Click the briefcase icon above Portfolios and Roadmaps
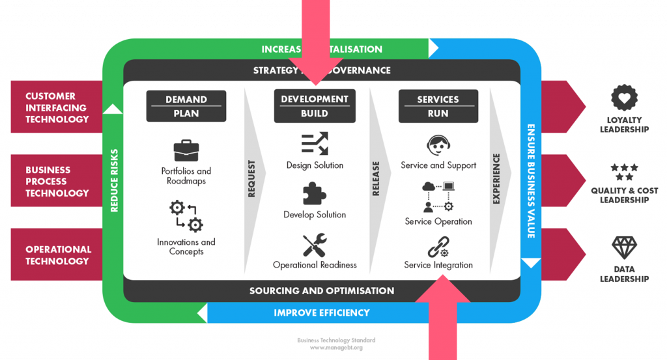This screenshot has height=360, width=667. point(186,150)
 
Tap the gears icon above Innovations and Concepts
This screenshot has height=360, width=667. point(186,216)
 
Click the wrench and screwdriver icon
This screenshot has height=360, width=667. point(315,245)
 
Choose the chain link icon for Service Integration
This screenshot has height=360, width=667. point(438,248)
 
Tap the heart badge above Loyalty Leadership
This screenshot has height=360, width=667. point(624,98)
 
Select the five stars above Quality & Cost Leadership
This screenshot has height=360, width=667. point(624,172)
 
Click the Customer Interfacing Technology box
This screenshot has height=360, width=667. point(57,107)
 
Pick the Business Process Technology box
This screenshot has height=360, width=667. point(57,182)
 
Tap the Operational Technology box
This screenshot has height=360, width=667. point(57,255)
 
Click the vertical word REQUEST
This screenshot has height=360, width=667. point(252,178)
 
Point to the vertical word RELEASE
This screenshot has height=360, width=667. point(376,178)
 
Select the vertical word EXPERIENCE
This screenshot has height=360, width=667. point(496,178)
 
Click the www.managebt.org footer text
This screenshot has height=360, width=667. point(335,348)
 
